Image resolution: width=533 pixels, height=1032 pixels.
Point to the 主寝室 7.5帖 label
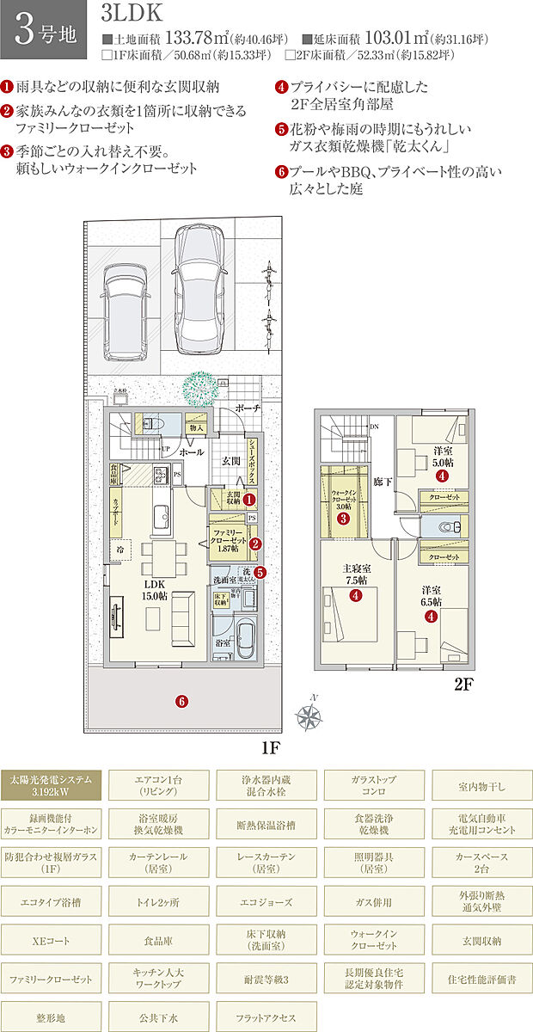[x=353, y=574]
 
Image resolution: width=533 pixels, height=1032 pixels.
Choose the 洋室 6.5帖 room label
[x=431, y=597]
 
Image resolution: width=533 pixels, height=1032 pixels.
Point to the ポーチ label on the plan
[x=248, y=409]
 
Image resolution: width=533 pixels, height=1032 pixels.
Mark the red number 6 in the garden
[x=181, y=701]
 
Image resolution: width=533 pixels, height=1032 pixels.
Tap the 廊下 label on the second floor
[x=383, y=482]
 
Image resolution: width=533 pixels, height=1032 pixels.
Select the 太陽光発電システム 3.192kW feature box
[x=52, y=784]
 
